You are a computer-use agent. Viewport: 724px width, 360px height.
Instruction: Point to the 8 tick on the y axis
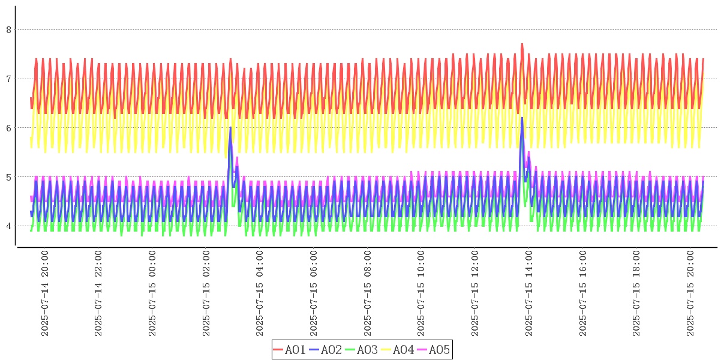tap(7, 29)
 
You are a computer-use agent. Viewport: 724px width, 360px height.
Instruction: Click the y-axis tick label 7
tap(7, 79)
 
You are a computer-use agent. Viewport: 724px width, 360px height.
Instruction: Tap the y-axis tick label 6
tap(7, 128)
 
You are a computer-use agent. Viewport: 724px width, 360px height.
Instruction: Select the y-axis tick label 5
tap(7, 177)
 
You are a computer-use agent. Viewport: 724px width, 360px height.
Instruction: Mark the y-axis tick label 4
tap(7, 226)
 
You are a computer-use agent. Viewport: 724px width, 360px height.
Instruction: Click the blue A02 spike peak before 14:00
tap(522, 118)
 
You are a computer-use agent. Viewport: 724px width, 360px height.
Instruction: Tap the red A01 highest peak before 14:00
tap(522, 44)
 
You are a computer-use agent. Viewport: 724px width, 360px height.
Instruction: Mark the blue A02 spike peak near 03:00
tap(230, 128)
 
